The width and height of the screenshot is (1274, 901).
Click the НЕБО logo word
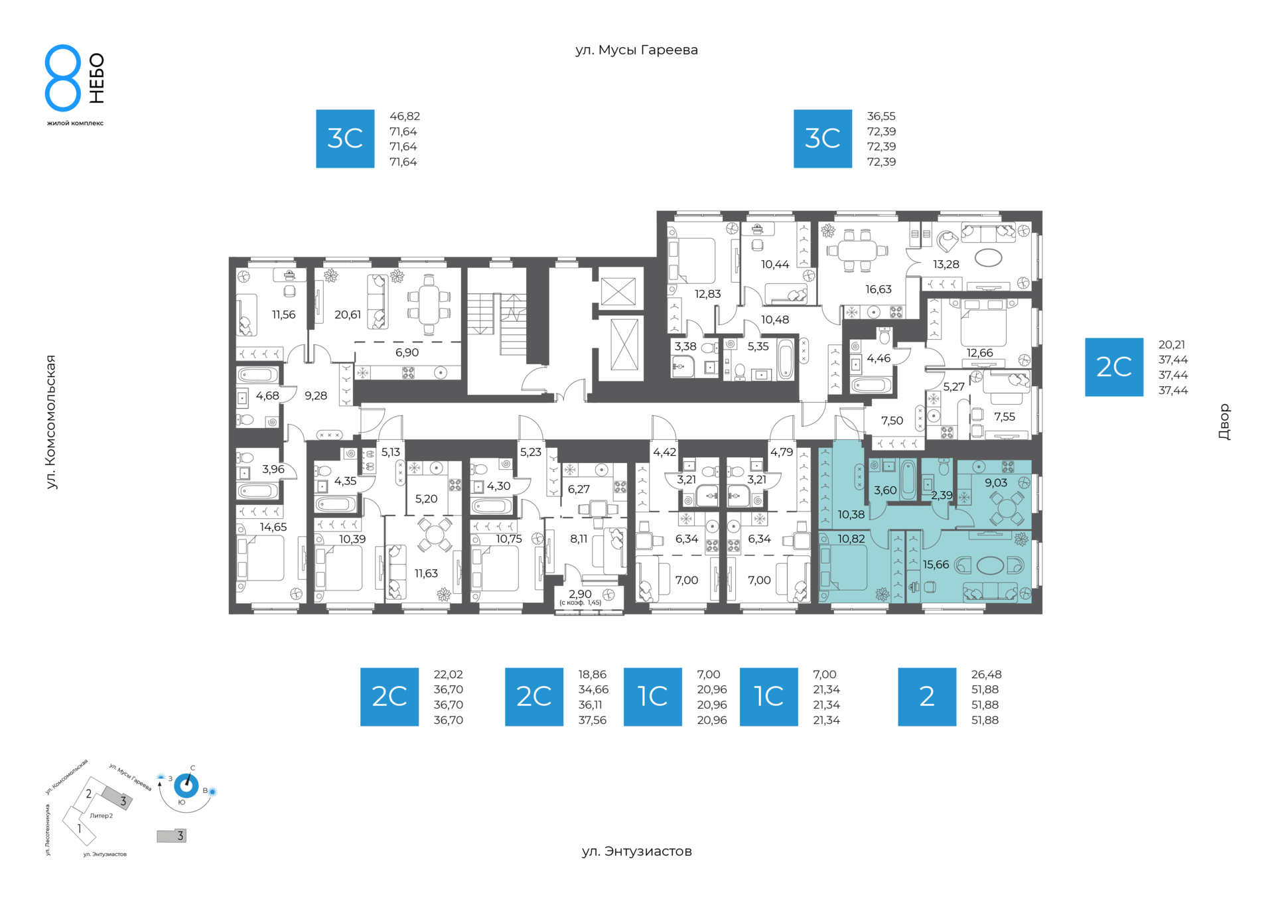pyautogui.click(x=97, y=78)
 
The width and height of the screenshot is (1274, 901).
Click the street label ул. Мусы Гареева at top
pyautogui.click(x=636, y=50)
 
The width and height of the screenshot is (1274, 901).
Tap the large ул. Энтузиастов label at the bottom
pyautogui.click(x=636, y=851)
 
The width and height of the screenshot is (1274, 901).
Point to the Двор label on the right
pyautogui.click(x=1224, y=422)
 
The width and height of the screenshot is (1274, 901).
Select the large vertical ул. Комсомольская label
pyautogui.click(x=50, y=422)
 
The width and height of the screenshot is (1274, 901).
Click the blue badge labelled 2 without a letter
pyautogui.click(x=927, y=697)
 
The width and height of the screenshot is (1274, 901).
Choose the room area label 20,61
pyautogui.click(x=348, y=314)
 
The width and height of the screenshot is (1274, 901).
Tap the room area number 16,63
pyautogui.click(x=879, y=289)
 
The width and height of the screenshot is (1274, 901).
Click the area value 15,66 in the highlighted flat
pyautogui.click(x=936, y=565)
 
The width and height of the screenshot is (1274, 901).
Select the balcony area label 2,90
pyautogui.click(x=580, y=594)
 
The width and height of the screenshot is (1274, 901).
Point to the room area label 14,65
pyautogui.click(x=273, y=527)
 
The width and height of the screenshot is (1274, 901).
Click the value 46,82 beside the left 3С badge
pyautogui.click(x=405, y=116)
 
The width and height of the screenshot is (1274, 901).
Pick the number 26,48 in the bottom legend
pyautogui.click(x=987, y=675)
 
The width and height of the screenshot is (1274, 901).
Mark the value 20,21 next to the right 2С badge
pyautogui.click(x=1172, y=345)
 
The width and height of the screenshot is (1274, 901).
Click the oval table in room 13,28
pyautogui.click(x=988, y=257)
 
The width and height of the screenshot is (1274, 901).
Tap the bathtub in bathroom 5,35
pyautogui.click(x=786, y=359)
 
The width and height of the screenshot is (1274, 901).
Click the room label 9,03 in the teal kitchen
pyautogui.click(x=996, y=483)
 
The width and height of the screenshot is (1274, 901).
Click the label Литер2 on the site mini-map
pyautogui.click(x=102, y=816)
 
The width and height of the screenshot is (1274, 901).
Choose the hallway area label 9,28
pyautogui.click(x=316, y=396)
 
